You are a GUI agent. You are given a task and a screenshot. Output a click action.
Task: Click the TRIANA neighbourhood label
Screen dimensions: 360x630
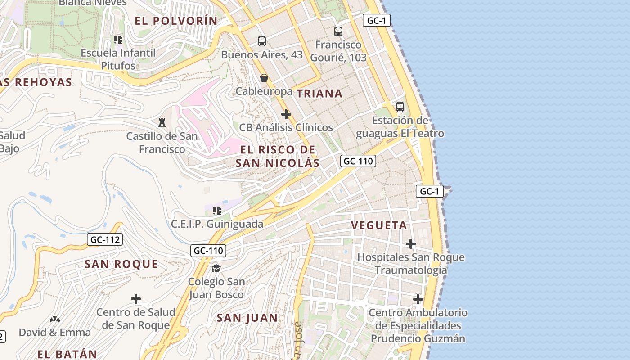(319, 94)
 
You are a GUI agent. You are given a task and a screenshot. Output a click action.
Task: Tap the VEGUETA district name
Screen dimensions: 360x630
(379, 225)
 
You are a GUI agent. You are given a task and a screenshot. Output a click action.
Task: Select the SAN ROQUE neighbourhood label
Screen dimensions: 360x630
(121, 264)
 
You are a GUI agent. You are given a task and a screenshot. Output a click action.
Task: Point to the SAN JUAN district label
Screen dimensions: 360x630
(247, 318)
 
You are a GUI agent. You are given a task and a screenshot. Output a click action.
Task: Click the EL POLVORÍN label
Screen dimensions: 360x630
(176, 21)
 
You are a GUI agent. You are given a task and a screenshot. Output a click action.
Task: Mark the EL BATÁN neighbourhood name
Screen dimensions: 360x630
(67, 354)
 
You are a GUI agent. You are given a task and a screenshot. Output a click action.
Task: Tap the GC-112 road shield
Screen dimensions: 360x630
(105, 240)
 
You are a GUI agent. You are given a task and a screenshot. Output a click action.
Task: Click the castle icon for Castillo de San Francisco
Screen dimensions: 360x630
(162, 122)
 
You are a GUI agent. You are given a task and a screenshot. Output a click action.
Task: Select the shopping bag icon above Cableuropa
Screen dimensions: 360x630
(264, 78)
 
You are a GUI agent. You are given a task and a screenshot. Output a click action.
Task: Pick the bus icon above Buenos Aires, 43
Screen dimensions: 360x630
(262, 41)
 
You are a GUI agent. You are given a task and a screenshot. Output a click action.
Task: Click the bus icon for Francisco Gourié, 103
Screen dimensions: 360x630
(338, 31)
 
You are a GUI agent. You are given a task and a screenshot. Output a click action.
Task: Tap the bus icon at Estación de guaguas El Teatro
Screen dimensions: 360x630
(400, 107)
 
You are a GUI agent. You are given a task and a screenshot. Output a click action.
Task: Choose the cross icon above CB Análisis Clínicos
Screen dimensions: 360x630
(286, 114)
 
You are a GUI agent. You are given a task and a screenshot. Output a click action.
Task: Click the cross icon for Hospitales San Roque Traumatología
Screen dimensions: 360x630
(410, 244)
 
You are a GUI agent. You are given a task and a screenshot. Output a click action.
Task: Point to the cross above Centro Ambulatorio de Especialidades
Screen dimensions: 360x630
(418, 299)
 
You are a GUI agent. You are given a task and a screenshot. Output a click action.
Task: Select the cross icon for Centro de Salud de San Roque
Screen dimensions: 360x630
(135, 299)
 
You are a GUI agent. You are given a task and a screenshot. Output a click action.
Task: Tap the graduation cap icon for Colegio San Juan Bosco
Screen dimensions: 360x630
(216, 268)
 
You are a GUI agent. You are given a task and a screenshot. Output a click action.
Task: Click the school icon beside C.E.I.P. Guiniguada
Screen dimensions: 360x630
(217, 210)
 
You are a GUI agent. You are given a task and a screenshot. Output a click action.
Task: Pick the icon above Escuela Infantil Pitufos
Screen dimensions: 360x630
(118, 40)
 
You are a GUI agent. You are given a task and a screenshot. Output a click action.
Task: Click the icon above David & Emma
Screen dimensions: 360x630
(55, 319)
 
